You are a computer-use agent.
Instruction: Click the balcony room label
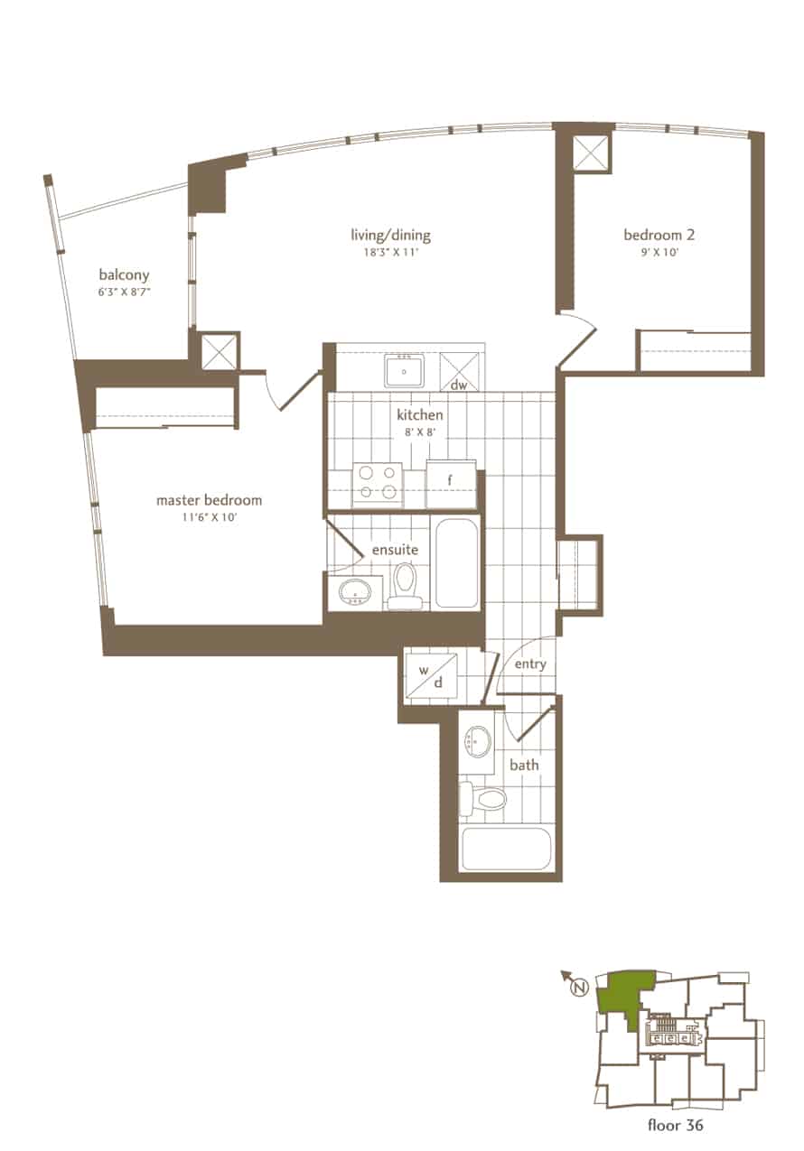(x=124, y=275)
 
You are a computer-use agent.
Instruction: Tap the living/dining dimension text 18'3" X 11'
(x=391, y=252)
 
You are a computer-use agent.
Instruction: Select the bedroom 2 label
(x=659, y=235)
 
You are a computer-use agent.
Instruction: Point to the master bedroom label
(x=209, y=500)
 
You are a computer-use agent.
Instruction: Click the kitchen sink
(x=404, y=371)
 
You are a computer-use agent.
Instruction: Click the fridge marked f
(x=450, y=484)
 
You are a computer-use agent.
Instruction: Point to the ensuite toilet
(x=405, y=586)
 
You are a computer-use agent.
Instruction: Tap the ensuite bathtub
(x=457, y=563)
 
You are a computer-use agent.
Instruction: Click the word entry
(x=530, y=664)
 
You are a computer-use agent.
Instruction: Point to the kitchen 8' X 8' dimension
(x=420, y=432)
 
